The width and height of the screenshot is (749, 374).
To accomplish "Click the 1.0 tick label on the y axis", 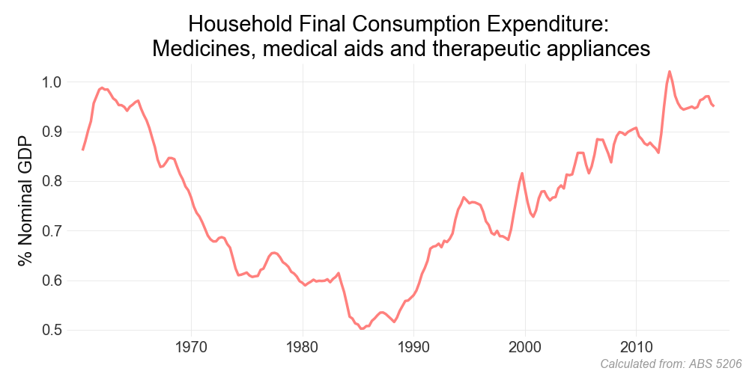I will (52, 82).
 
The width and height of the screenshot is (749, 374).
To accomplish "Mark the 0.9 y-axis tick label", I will (52, 132).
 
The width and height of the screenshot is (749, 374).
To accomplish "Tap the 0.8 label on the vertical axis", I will (52, 181).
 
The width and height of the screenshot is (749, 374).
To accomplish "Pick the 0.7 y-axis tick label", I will (52, 231).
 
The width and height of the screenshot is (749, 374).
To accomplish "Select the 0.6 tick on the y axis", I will (52, 280).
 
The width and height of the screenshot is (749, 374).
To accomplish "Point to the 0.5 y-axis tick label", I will (52, 331).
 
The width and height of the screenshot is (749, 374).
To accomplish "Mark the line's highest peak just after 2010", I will (670, 72).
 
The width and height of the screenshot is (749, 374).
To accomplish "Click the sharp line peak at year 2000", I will (523, 174).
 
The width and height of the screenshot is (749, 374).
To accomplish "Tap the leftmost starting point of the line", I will (82, 150).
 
